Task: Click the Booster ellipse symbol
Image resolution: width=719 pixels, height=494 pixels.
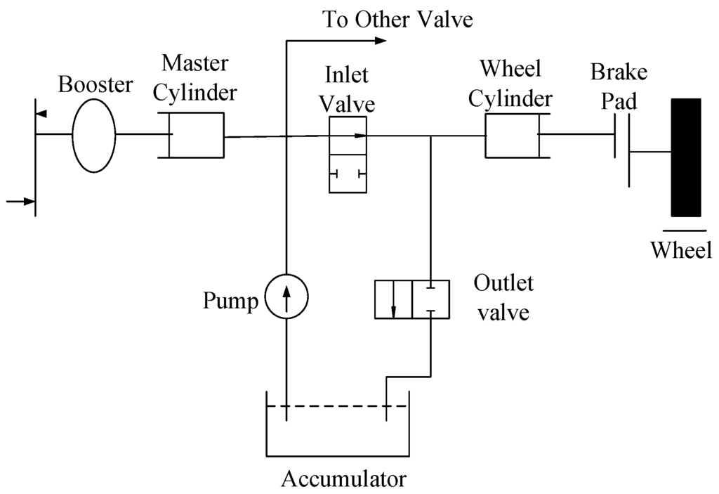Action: tap(93, 135)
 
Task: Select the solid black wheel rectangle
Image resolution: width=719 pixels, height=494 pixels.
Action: tap(685, 157)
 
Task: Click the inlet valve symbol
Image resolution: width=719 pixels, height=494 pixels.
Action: tap(348, 155)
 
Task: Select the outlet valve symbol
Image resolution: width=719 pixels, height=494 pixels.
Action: tap(411, 299)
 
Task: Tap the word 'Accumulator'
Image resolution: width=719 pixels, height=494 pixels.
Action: tap(343, 479)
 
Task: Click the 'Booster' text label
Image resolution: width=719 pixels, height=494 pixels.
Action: tap(95, 84)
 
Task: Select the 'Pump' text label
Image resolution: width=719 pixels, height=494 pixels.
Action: tap(230, 301)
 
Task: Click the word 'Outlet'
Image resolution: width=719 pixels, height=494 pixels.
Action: tap(503, 283)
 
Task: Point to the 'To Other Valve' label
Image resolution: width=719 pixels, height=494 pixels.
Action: tap(397, 19)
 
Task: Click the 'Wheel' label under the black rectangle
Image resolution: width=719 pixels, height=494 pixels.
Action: tap(680, 249)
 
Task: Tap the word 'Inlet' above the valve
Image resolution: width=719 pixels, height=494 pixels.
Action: tap(347, 74)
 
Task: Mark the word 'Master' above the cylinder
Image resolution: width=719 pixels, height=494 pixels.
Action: tap(194, 63)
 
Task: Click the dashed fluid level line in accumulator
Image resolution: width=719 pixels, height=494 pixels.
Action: tap(337, 406)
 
